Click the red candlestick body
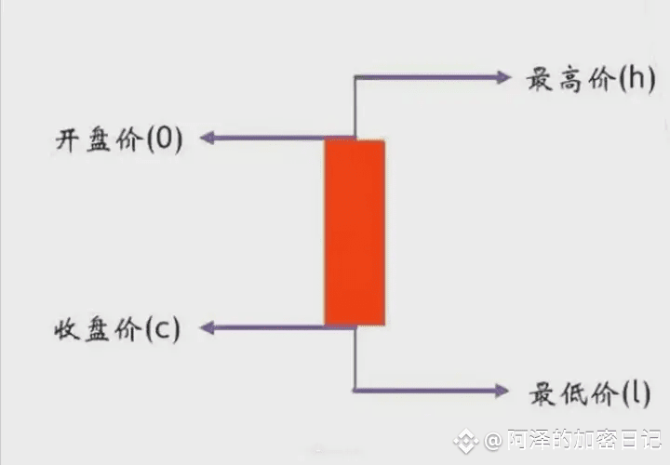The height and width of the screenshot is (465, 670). [355, 232]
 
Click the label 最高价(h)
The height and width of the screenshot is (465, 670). [591, 79]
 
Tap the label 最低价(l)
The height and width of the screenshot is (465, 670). [590, 393]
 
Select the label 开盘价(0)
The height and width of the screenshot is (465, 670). [119, 139]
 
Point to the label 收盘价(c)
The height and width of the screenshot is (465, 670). [117, 329]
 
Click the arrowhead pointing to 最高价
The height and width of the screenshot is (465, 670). [502, 77]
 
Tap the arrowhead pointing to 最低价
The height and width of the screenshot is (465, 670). [502, 391]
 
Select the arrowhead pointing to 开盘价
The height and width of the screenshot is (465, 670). [208, 138]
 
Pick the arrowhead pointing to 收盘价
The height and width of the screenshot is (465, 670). [208, 328]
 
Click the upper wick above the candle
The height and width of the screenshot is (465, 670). [355, 108]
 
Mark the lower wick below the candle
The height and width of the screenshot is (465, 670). [355, 358]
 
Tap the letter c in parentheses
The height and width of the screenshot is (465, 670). [163, 331]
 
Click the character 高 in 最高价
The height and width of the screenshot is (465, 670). [570, 79]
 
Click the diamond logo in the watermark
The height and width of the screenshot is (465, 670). [466, 440]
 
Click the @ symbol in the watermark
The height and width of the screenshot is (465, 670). [493, 440]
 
